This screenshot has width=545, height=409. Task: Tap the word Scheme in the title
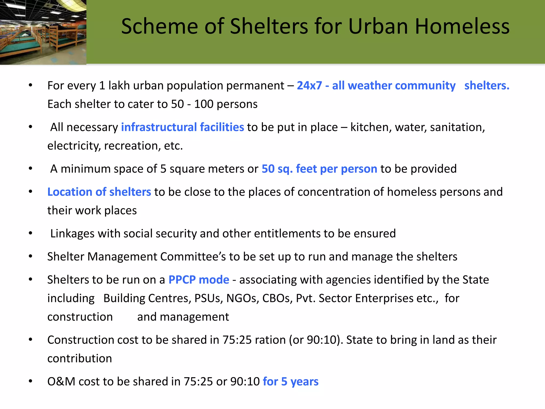(160, 26)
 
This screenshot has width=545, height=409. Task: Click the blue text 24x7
(309, 85)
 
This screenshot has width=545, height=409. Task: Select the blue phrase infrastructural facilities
(183, 127)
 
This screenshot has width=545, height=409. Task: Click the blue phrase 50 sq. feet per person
(319, 169)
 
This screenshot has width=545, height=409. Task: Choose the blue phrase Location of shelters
(99, 192)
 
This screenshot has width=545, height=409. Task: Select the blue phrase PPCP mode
(199, 280)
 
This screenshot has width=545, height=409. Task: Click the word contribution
(80, 358)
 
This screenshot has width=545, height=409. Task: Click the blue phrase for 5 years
(291, 382)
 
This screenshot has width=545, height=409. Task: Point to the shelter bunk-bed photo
(43, 32)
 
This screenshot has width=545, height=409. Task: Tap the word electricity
(74, 146)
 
